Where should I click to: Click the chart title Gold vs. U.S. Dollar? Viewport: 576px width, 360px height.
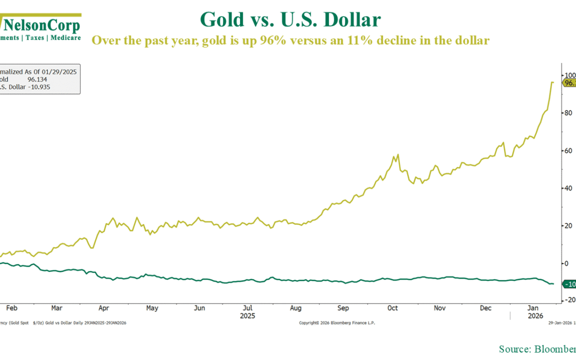[290, 20]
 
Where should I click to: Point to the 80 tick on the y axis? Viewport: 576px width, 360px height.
[569, 113]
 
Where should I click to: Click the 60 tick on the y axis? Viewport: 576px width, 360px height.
[569, 151]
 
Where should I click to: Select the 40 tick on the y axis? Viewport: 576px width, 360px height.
[569, 188]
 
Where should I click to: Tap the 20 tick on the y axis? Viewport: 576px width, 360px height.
[569, 226]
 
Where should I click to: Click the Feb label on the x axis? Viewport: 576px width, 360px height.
[11, 308]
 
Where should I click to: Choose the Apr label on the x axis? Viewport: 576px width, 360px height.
[104, 308]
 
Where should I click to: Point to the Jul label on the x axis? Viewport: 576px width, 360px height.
[247, 308]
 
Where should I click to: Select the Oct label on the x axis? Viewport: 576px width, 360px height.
[393, 308]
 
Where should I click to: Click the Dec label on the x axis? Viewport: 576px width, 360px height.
[486, 308]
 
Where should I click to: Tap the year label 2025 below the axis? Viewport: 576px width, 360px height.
[247, 316]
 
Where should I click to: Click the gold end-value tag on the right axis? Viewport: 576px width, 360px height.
[569, 83]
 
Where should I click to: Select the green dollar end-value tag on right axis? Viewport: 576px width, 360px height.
[569, 284]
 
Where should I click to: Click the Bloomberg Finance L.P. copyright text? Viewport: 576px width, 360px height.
[337, 323]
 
